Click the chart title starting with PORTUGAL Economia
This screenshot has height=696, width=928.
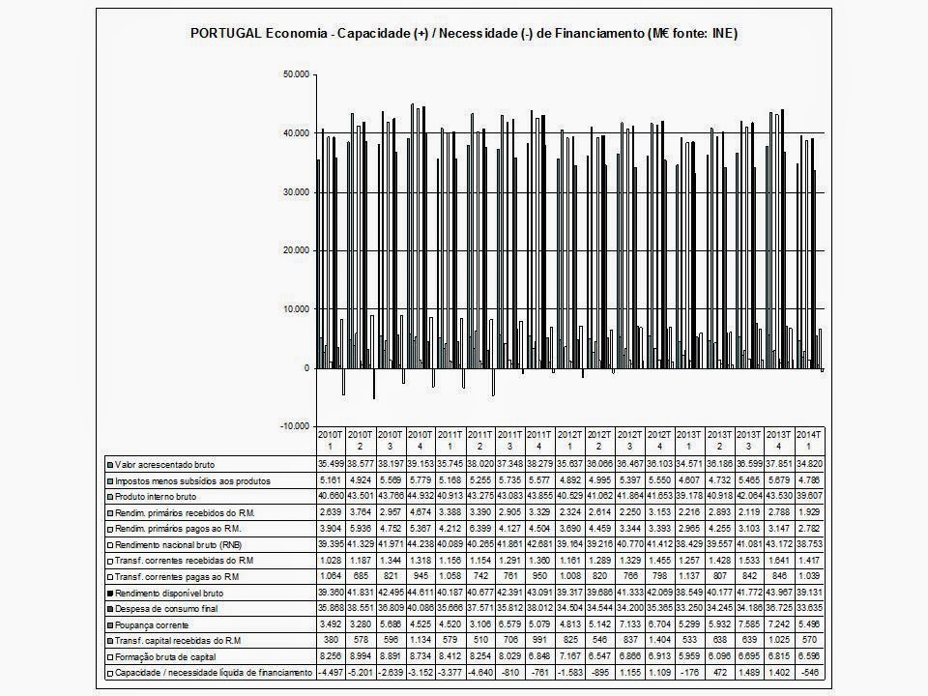[463, 34]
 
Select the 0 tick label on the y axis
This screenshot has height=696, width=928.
[306, 368]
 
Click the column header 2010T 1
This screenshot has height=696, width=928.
[330, 441]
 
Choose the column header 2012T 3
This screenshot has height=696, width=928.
[629, 441]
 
